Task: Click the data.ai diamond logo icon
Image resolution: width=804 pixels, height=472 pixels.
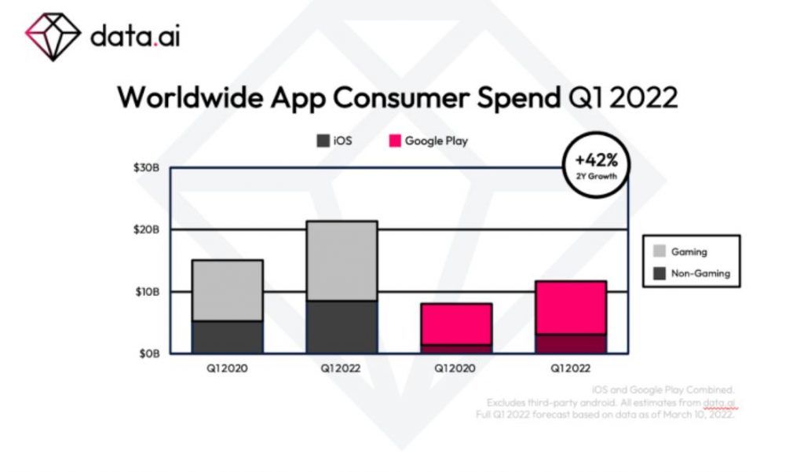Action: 53,35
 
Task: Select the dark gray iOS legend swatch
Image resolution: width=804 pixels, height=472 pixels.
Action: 323,141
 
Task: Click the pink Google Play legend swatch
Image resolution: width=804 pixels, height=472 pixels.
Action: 394,141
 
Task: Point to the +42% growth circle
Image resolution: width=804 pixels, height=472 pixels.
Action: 596,170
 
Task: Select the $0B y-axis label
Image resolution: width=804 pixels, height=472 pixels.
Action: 151,354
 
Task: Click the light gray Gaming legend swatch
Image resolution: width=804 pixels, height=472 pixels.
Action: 660,252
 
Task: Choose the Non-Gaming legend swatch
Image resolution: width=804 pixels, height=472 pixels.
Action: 660,274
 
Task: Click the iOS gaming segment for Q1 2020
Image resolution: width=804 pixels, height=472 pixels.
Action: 228,290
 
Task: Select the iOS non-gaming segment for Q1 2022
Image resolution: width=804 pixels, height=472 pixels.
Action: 342,327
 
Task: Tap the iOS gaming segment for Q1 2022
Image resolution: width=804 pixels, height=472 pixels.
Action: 342,261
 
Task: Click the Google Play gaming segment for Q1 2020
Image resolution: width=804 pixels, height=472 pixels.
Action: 456,324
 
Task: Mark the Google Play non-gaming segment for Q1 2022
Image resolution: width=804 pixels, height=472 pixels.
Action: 571,344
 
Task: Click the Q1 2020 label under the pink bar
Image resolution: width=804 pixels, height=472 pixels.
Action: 456,368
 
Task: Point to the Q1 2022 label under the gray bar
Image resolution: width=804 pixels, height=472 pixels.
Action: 342,368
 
